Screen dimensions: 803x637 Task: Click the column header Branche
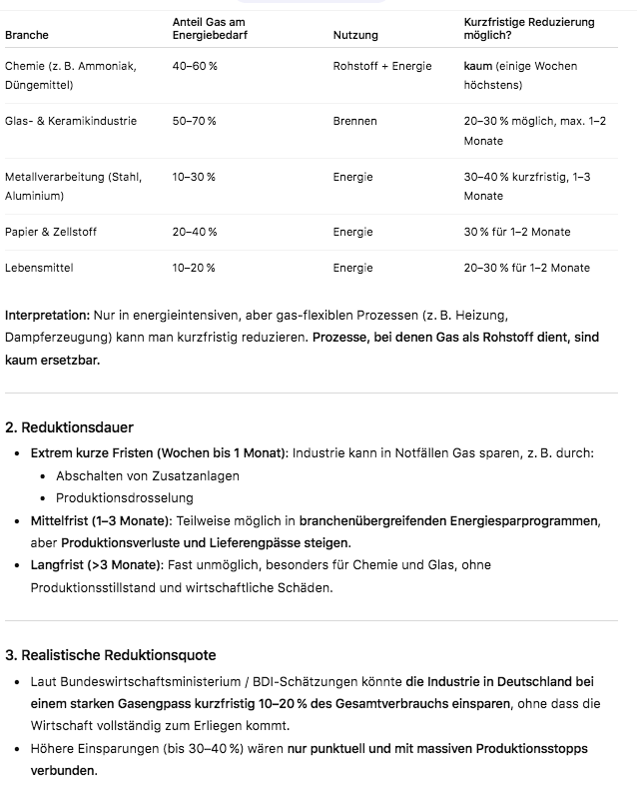[x=26, y=35]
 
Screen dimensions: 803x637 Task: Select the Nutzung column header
[x=355, y=35]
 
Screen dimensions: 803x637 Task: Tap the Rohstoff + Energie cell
[x=382, y=66]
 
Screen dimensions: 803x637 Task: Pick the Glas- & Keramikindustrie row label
[x=71, y=121]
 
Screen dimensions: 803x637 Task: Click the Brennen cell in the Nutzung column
[x=355, y=121]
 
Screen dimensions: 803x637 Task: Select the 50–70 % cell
[x=194, y=121]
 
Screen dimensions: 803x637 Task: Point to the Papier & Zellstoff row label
[x=51, y=232]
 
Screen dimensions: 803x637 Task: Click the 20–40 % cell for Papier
[x=194, y=232]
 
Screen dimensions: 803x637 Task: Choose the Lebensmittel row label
[x=39, y=268]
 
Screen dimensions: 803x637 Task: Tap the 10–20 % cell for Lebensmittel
[x=194, y=268]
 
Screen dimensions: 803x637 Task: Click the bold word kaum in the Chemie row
[x=478, y=66]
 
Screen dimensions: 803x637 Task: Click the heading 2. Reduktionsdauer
[x=69, y=427]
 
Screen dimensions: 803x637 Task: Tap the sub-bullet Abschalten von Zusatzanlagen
[x=148, y=475]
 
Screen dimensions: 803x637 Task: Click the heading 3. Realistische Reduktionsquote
[x=110, y=655]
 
